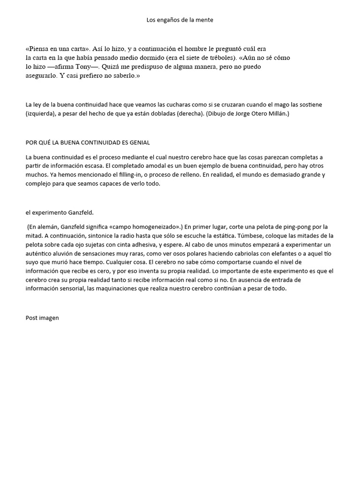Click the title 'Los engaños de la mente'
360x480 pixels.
(x=180, y=20)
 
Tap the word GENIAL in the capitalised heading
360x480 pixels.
(x=137, y=142)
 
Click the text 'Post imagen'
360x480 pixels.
(x=42, y=318)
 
